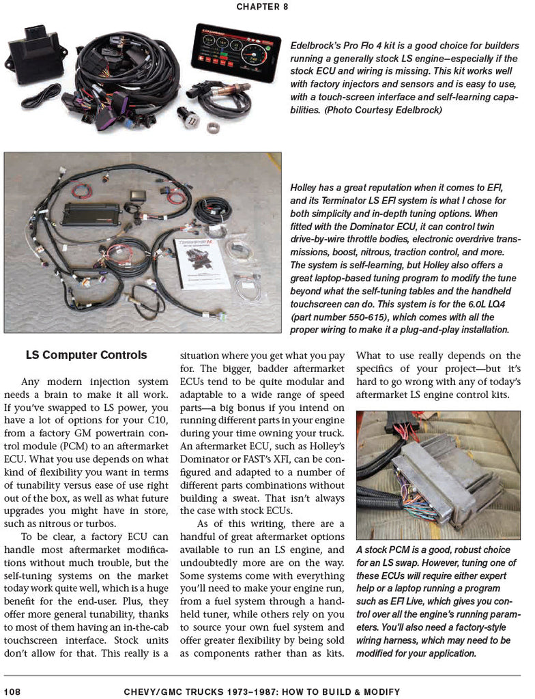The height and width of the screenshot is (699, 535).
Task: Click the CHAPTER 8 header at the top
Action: click(262, 7)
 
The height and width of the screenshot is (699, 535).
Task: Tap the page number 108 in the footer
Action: click(12, 691)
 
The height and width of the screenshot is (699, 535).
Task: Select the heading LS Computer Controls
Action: click(86, 355)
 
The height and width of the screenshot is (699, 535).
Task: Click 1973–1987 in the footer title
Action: click(236, 691)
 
